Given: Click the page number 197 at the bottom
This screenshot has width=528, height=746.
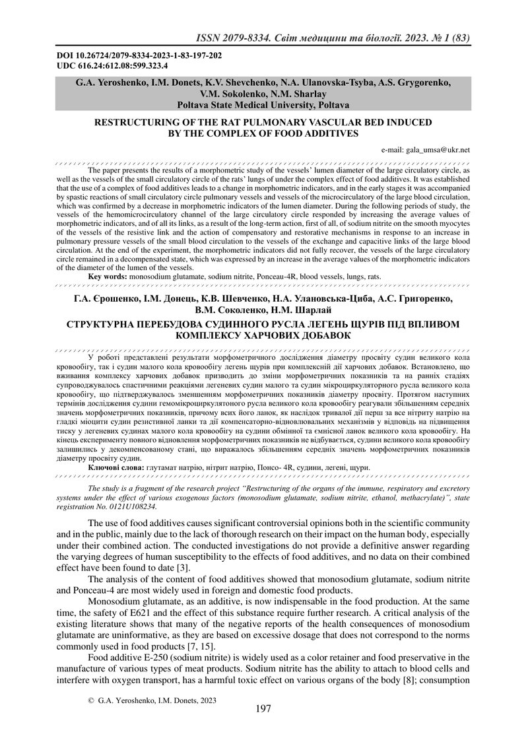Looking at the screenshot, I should coord(263,709).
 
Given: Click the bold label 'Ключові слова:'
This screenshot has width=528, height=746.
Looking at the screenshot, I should coord(116,449).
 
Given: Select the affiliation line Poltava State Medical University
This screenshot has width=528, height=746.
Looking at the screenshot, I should coord(263,104).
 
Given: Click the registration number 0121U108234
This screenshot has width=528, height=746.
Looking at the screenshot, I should coord(126,489).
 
